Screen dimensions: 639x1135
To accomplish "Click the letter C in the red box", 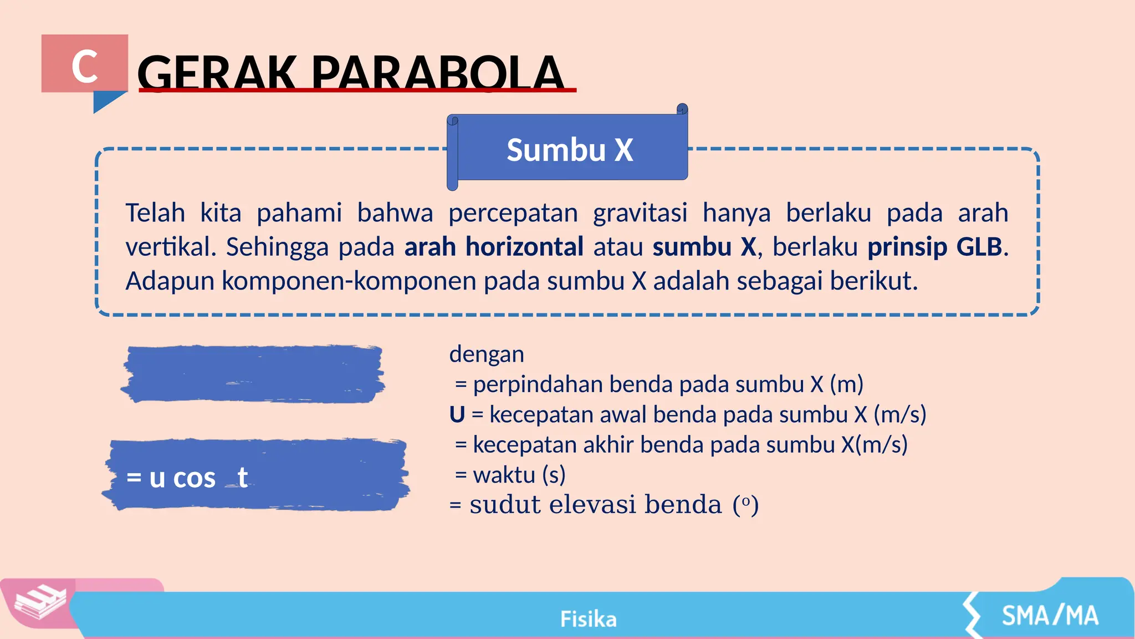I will (85, 67).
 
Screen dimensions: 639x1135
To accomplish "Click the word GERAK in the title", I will (217, 73).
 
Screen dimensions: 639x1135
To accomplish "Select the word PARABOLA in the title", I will (437, 73).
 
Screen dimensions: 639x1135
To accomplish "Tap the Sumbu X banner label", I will (570, 150).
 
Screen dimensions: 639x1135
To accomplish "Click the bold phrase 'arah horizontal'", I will (494, 247).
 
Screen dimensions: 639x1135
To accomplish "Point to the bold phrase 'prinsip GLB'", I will (935, 247).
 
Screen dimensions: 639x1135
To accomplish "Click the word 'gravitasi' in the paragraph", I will (640, 213).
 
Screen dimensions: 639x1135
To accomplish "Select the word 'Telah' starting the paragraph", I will (155, 213).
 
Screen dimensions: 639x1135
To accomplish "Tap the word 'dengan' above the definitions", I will (487, 354).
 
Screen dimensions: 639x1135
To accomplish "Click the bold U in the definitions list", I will (457, 414).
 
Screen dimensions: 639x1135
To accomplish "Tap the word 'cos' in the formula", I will (194, 478).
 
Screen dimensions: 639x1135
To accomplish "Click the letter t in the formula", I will (242, 476).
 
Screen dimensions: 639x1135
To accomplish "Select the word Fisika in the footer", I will (588, 619).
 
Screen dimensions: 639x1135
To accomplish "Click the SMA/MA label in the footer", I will (1050, 616).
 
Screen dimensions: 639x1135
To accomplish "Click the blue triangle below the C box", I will (106, 102).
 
